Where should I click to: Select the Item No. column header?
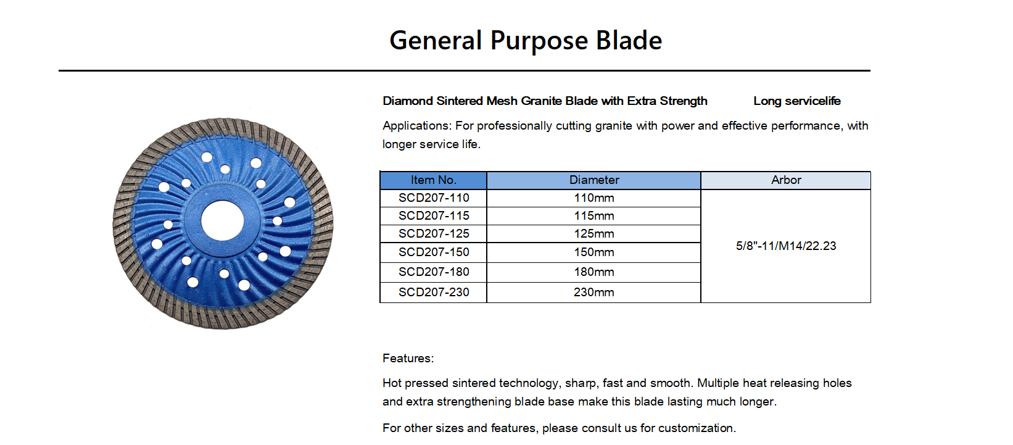click(433, 180)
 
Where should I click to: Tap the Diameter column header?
click(593, 180)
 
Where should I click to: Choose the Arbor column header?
click(786, 180)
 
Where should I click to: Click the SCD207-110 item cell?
click(433, 198)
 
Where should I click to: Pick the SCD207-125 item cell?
click(433, 234)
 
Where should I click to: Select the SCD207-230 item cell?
click(433, 292)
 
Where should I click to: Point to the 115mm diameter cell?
click(593, 216)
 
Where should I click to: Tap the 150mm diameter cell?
click(593, 252)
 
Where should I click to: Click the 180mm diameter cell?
click(593, 272)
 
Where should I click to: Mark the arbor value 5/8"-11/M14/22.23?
click(786, 246)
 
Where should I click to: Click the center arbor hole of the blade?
click(222, 221)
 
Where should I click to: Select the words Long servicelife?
click(797, 101)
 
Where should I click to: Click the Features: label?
click(408, 358)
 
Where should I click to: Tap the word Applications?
click(417, 126)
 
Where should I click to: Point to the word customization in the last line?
click(697, 428)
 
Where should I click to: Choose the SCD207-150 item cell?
click(433, 252)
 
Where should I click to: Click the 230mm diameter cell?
click(593, 292)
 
